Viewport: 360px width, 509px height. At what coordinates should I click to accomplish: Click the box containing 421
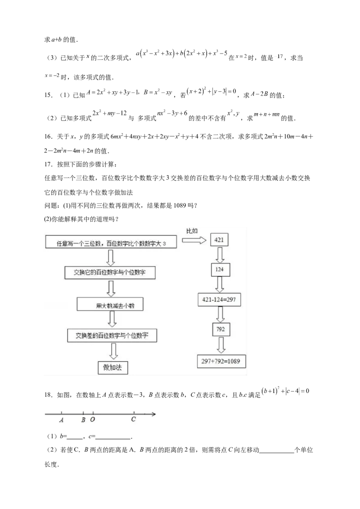(219, 240)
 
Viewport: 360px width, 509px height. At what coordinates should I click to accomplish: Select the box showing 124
(220, 270)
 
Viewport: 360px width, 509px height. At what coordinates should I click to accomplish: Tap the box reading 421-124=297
(220, 299)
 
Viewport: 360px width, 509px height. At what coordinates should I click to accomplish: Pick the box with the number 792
(221, 330)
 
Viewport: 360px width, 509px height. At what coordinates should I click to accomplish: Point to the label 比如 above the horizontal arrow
(192, 231)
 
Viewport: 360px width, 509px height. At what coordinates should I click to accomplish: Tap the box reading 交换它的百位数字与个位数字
(112, 272)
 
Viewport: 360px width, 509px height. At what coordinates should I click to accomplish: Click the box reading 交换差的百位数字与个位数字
(112, 335)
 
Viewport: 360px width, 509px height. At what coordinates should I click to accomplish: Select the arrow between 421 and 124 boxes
(220, 254)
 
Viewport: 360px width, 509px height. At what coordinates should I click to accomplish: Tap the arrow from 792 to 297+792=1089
(221, 345)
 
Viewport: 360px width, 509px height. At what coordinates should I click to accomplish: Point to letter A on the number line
(61, 420)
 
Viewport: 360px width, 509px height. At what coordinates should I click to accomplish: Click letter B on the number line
(83, 420)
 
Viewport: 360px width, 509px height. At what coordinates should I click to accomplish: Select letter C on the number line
(134, 420)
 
